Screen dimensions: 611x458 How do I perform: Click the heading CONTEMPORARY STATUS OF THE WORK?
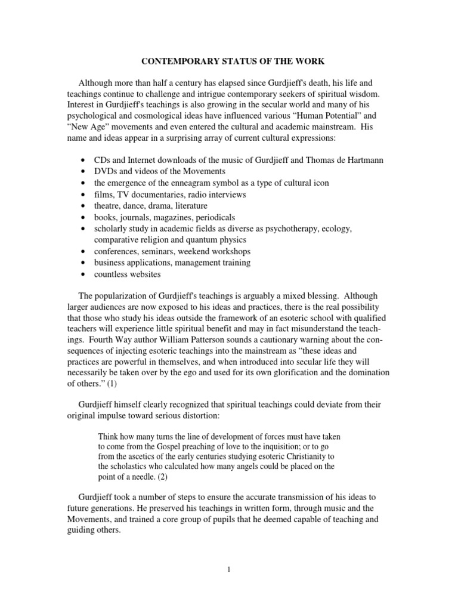tap(228, 61)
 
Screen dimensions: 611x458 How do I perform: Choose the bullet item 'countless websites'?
tap(127, 274)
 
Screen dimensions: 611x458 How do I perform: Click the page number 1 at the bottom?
tap(228, 570)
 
